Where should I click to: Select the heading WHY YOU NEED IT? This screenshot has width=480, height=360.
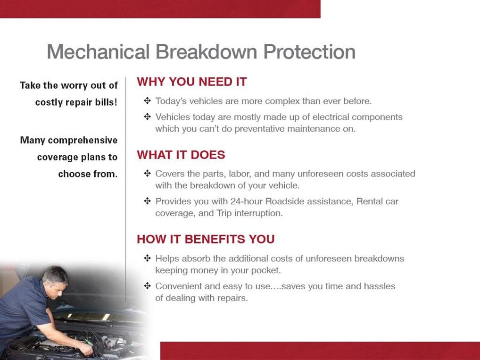click(x=191, y=82)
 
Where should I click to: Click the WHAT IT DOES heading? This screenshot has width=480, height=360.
click(x=181, y=155)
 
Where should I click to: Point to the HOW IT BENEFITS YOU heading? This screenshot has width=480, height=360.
click(x=206, y=239)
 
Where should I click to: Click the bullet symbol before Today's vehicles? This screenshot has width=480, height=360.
click(x=147, y=101)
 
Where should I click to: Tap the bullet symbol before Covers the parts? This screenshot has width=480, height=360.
click(x=147, y=174)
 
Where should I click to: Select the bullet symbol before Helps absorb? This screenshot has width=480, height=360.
click(x=147, y=259)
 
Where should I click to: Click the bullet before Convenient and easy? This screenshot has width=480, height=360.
click(x=147, y=286)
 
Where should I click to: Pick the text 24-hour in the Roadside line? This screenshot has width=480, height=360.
click(x=247, y=201)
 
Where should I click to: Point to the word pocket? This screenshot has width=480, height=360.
click(x=265, y=270)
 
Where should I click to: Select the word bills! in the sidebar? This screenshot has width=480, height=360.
click(x=106, y=102)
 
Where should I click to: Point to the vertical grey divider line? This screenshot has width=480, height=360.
click(x=125, y=189)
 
